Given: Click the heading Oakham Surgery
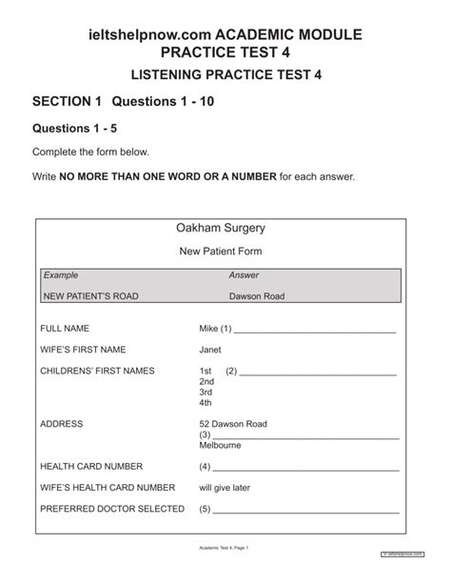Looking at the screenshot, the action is pos(220,229).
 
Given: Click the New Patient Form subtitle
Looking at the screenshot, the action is pos(221,252).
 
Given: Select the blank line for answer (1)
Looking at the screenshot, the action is pos(314,332).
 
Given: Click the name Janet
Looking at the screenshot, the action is pos(210,350).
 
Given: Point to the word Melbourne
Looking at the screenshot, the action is pos(220,445).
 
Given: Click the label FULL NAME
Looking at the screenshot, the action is pos(64,329).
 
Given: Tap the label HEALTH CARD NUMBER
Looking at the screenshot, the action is pos(91,467).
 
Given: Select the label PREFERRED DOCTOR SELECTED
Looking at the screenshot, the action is pos(112,509).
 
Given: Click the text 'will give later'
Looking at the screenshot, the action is pos(225,488).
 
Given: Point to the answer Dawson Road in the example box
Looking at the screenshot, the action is pos(257,296).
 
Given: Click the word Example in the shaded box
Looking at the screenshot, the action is pos(60,274).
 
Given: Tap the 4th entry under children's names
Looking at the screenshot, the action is pos(206,402).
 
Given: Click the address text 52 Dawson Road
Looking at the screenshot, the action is pos(233,424).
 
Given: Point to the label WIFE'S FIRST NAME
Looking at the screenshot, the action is pos(83,350).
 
